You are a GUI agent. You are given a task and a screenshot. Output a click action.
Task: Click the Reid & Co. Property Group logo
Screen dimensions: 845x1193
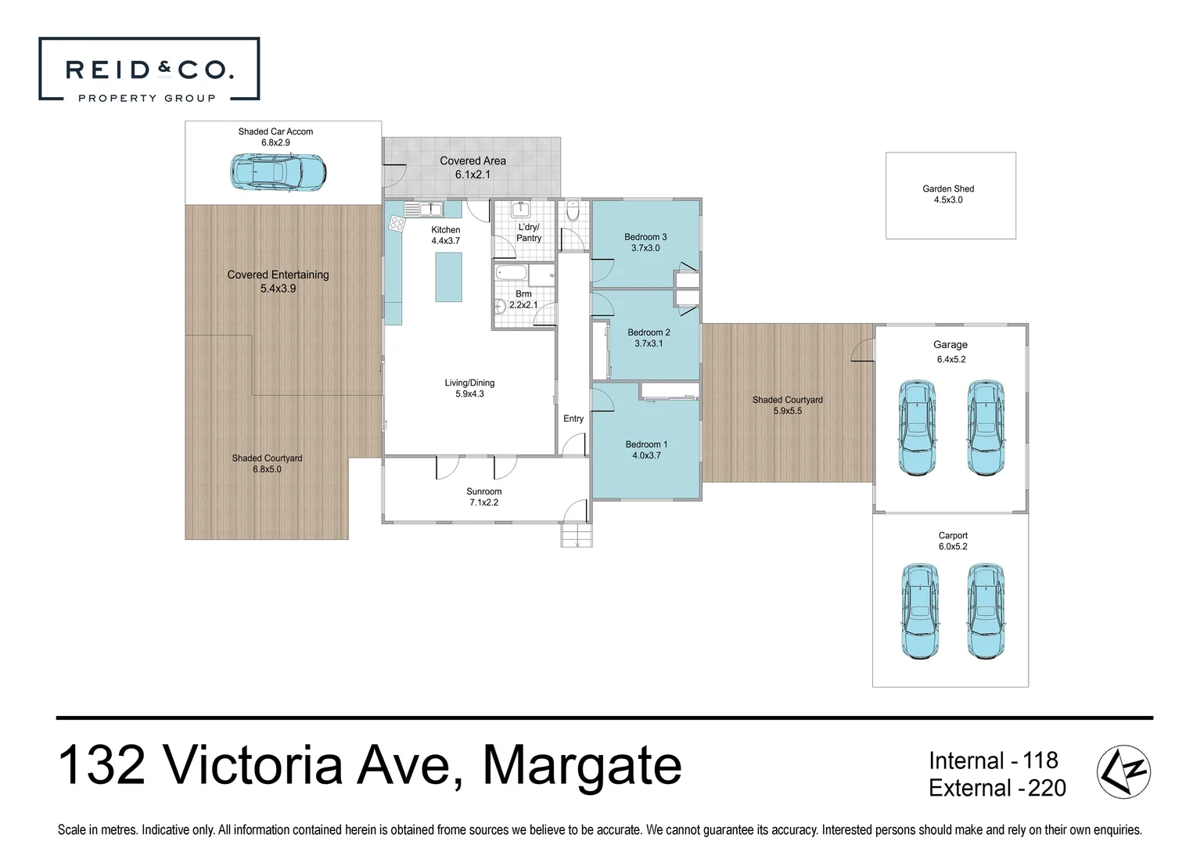[x=149, y=70]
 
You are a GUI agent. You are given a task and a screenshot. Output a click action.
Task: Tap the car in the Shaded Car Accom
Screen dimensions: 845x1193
[x=278, y=171]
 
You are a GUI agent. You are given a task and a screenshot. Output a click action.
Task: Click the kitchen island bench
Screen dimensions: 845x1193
[x=448, y=278]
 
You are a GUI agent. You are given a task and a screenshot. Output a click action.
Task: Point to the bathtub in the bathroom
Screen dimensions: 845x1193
[x=512, y=275]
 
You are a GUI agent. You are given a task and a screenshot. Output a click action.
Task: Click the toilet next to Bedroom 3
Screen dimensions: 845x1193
[x=573, y=213]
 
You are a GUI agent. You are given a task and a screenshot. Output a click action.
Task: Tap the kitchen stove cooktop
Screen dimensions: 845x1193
[x=396, y=223]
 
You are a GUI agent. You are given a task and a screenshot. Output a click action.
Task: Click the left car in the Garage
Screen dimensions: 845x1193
[x=916, y=428]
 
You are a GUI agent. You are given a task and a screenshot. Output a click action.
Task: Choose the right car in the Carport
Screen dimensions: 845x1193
[x=984, y=610]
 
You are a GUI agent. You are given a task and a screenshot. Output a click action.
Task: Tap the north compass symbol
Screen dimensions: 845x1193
[x=1123, y=772]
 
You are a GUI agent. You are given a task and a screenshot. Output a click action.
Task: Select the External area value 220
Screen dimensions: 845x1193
[x=1047, y=788]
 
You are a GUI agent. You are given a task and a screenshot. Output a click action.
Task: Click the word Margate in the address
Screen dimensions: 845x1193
[x=581, y=766]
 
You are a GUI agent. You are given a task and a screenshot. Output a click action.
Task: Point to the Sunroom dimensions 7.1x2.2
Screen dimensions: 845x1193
[x=484, y=502]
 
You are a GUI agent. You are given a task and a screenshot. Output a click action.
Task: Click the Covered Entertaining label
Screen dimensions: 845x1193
[x=278, y=275]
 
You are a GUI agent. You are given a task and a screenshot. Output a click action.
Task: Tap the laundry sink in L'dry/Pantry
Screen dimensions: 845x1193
[x=519, y=209]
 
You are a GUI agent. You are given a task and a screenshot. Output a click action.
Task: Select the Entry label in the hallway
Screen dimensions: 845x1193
[x=573, y=419]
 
